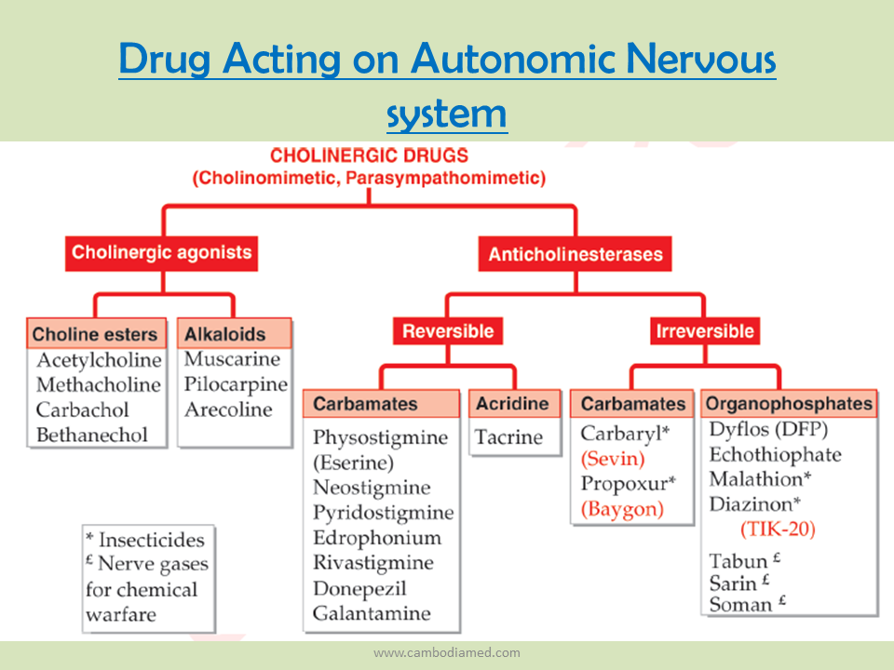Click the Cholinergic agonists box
coord(161,253)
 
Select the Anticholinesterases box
coord(575,253)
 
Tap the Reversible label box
coord(448,331)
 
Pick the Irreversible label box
coord(705,331)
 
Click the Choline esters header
coord(96,334)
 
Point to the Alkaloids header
coord(235,334)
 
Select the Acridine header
coord(514,403)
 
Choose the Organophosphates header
coord(789,403)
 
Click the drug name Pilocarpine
coord(236,384)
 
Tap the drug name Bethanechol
coord(92,435)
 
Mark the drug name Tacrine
coord(508,437)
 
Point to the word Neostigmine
coord(372,488)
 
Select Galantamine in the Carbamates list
coord(372,613)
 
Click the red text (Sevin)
coord(613,459)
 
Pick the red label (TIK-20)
coord(778,529)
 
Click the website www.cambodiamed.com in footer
coord(447,652)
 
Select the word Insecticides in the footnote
coord(152,540)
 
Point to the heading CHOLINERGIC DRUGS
coord(369,155)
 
